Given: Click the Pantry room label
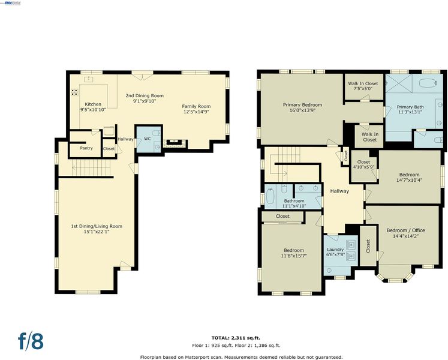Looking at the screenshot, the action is coord(86,148).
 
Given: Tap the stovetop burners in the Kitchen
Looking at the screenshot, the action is coord(74,92).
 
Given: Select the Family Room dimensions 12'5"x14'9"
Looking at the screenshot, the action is coord(196,112).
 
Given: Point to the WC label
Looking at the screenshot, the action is coord(147,139).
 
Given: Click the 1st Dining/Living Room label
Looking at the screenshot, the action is coord(97,226).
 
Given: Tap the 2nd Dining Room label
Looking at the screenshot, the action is coord(145,95).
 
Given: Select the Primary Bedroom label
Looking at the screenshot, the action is coord(303,105).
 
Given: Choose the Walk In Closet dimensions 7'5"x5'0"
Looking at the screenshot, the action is coord(363,89).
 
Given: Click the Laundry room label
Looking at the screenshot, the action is coord(335,250).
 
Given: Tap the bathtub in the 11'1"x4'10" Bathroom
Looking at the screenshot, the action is coord(270,196).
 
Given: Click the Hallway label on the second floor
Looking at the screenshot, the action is coord(339,191).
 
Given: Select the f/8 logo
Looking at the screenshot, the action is coord(31,341).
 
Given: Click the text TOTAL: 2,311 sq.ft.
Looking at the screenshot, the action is coord(236,338).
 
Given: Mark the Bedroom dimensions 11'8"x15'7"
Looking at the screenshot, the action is coord(294,256).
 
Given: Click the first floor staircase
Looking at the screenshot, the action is coord(91,168).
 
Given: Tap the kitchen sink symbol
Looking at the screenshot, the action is coord(89,79).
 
